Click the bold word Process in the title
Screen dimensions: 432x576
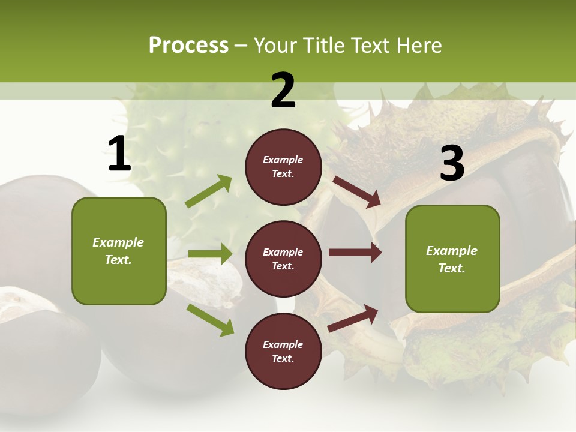pyautogui.click(x=188, y=45)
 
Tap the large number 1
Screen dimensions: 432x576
pyautogui.click(x=119, y=154)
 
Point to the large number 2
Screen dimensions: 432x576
pyautogui.click(x=283, y=91)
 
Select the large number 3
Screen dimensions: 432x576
pyautogui.click(x=452, y=164)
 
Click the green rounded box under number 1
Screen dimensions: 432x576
pyautogui.click(x=119, y=251)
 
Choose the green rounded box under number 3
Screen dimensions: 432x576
pyautogui.click(x=452, y=259)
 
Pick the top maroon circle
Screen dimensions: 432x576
pyautogui.click(x=283, y=167)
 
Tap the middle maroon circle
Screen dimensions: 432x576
pyautogui.click(x=283, y=259)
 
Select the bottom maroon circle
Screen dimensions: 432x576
pyautogui.click(x=283, y=351)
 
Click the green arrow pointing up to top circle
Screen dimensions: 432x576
pyautogui.click(x=208, y=191)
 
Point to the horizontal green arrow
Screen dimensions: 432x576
pyautogui.click(x=210, y=254)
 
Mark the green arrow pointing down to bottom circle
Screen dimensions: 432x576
pyautogui.click(x=210, y=320)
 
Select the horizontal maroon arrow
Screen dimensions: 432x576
pyautogui.click(x=355, y=253)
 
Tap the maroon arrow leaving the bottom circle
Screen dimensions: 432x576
pyautogui.click(x=353, y=318)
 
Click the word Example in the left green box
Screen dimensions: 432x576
pyautogui.click(x=118, y=242)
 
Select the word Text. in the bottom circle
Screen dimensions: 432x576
pyautogui.click(x=283, y=358)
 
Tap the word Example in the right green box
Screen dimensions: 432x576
pyautogui.click(x=452, y=251)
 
